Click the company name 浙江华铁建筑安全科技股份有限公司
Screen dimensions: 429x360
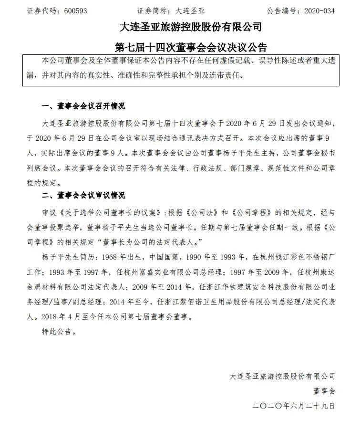[258, 288]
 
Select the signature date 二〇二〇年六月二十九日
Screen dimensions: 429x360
[294, 406]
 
